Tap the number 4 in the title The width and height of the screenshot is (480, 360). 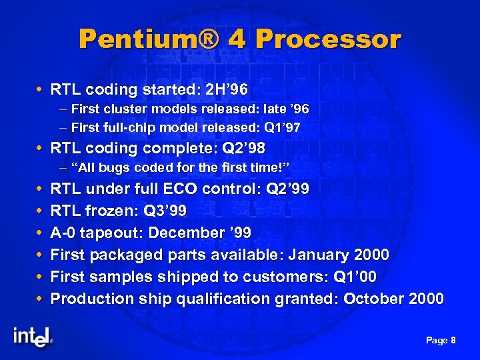237,39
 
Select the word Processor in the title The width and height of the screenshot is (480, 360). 328,39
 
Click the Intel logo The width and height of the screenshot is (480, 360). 32,337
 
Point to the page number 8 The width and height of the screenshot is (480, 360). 453,341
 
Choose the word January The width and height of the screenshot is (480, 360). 314,255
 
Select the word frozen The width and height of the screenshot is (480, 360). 107,211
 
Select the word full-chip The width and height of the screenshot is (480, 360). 125,127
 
